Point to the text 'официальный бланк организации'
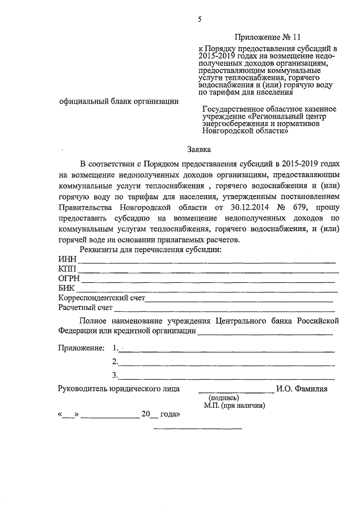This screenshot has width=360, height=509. coord(119,101)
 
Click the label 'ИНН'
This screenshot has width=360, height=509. coord(67,259)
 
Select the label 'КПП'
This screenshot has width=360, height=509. coord(67,269)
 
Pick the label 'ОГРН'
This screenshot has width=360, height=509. coord(69,278)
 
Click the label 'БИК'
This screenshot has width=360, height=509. coord(67,288)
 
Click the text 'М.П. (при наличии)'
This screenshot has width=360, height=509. coord(235,405)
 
